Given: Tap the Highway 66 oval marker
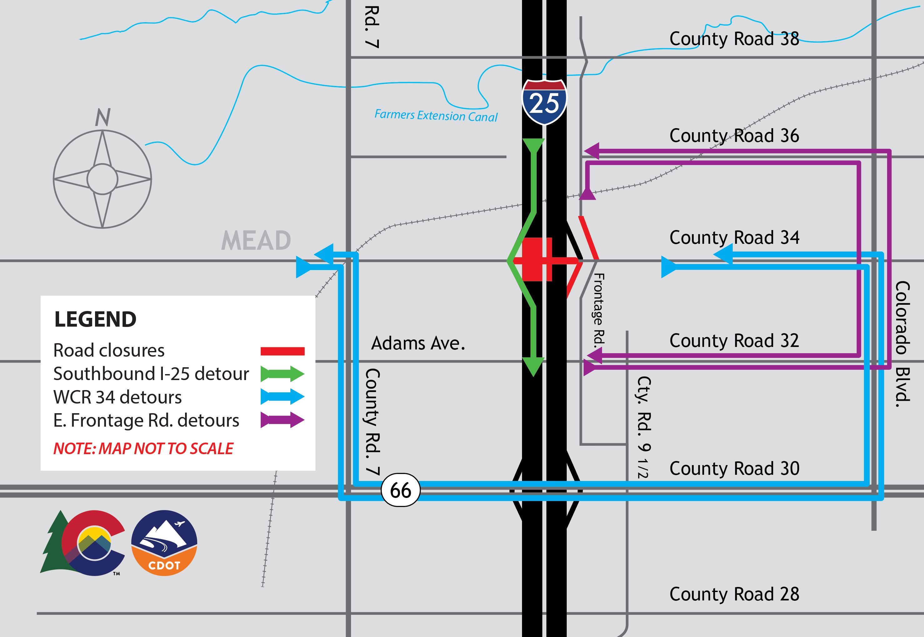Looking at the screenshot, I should (x=400, y=490).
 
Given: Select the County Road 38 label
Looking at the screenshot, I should (x=734, y=39).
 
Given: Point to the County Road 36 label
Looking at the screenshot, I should (x=734, y=136).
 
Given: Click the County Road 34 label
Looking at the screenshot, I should (x=734, y=238).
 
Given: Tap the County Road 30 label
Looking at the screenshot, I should (x=734, y=469).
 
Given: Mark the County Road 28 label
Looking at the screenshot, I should (x=734, y=594).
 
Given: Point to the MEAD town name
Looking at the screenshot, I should (x=256, y=241).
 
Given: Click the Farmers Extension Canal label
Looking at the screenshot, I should (x=436, y=116).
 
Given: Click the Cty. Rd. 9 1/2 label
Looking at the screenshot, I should (x=643, y=427).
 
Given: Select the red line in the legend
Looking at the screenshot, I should (x=282, y=351).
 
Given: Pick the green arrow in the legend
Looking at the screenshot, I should (x=282, y=374).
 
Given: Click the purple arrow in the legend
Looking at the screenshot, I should (x=282, y=420).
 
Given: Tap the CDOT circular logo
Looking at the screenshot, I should (x=164, y=543).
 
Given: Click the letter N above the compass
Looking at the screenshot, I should (x=103, y=117).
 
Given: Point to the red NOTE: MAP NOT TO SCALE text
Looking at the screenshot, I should (x=143, y=449).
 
